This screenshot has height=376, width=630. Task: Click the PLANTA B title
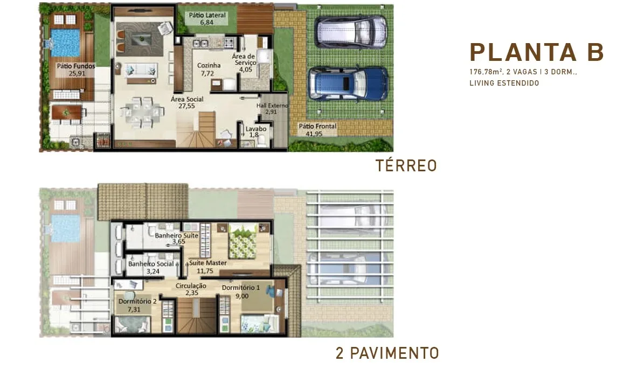(x=537, y=52)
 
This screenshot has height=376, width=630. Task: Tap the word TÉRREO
(x=406, y=166)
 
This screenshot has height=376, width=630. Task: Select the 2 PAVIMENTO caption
(x=386, y=353)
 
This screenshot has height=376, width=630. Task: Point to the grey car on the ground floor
(x=351, y=31)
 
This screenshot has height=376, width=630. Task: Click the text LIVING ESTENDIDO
(x=504, y=83)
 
